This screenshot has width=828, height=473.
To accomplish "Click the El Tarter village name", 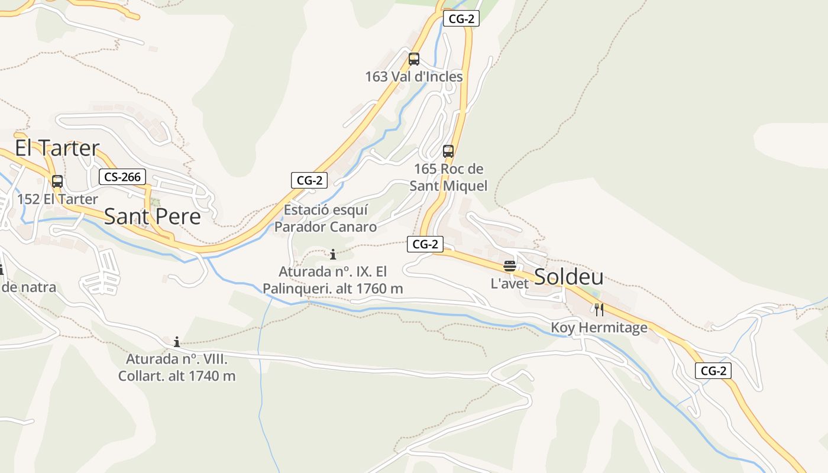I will click(57, 148).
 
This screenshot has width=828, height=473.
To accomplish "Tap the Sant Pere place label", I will click(153, 216).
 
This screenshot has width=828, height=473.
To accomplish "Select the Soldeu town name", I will click(569, 277).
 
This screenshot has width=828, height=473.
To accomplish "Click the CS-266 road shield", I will click(122, 177).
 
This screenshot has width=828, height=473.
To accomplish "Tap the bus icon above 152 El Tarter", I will click(57, 182).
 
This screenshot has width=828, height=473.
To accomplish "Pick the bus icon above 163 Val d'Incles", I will click(414, 59).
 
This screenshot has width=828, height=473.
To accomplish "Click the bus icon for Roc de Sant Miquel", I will click(448, 151).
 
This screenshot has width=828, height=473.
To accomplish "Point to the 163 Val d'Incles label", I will click(414, 77).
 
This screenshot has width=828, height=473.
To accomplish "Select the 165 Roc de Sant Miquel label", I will click(448, 177).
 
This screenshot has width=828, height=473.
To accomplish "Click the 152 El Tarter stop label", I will click(57, 199).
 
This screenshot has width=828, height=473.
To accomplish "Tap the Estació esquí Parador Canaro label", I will click(325, 218).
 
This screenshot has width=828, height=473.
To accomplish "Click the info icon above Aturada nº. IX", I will click(333, 255).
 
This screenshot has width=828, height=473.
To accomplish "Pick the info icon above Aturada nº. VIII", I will click(176, 342).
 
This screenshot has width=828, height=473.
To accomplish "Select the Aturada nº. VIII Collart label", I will click(177, 367).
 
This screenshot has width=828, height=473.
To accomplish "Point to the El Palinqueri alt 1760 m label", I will click(333, 280).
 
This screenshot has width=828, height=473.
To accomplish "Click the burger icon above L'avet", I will click(510, 266).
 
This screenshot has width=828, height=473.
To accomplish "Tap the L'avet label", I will click(510, 284).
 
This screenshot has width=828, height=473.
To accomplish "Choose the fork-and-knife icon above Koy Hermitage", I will click(599, 309).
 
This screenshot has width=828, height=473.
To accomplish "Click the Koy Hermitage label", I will click(599, 328).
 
